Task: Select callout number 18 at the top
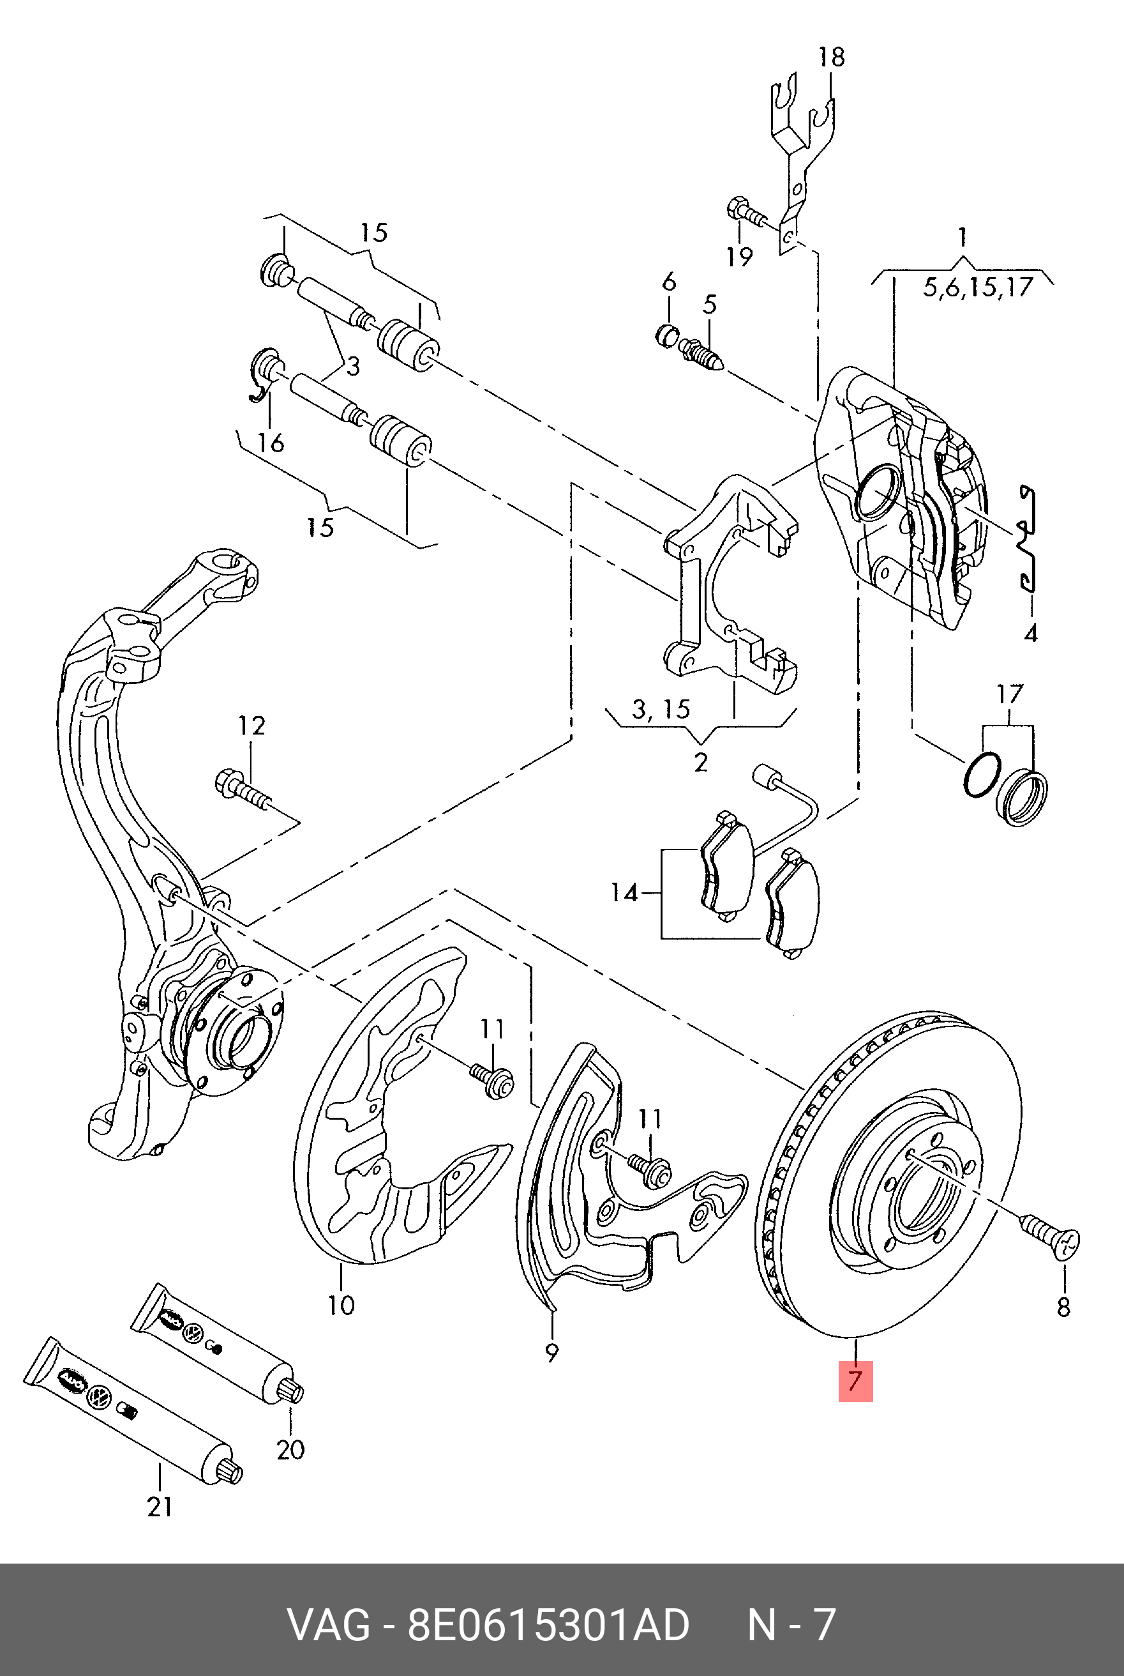[x=832, y=57]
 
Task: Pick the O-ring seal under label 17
[x=982, y=776]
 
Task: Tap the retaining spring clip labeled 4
[x=1028, y=538]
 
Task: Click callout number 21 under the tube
[x=159, y=1507]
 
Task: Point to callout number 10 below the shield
[x=341, y=1304]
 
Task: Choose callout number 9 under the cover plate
[x=551, y=1353]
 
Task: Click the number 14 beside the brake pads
[x=624, y=894]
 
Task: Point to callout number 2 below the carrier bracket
[x=700, y=761]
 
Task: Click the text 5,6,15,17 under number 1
[x=977, y=287]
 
